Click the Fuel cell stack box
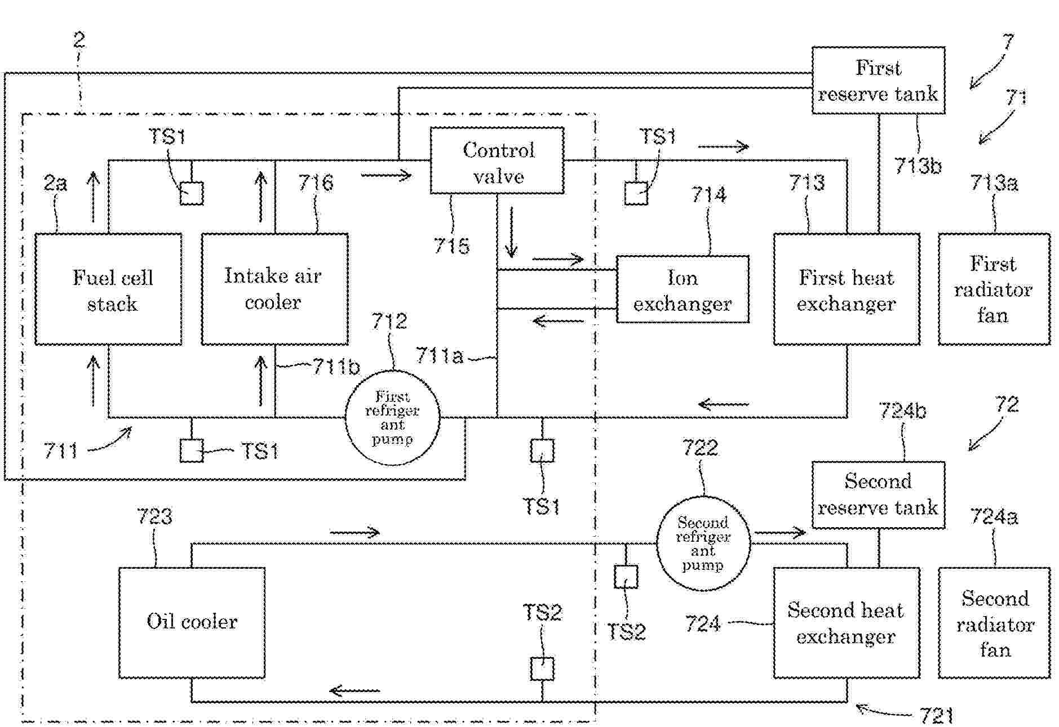point(108,289)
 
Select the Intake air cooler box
point(274,289)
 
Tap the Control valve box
point(497,161)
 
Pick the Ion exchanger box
point(683,289)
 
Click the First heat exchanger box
point(847,289)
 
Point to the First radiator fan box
point(994,289)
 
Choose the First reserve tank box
point(878,81)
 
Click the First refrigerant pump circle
point(392,418)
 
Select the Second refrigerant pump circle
point(703,543)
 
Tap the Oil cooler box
point(192,622)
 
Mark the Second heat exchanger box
point(847,623)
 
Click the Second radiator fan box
point(994,623)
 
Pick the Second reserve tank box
point(878,494)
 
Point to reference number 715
point(451,246)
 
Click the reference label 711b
point(336,367)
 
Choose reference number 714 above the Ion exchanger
point(708,195)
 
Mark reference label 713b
point(918,166)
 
